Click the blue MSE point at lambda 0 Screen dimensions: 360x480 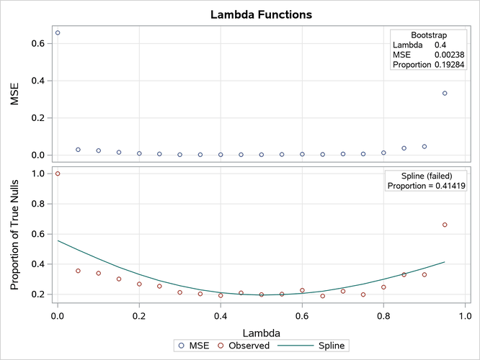tap(58, 32)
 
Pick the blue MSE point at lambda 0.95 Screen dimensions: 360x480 tap(445, 93)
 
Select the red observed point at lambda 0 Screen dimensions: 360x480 tap(58, 174)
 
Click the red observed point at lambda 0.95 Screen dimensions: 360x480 tap(445, 225)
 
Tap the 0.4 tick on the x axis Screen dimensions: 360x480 tap(221, 315)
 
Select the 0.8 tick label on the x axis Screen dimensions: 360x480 tap(383, 315)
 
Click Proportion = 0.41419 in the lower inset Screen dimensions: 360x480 tap(426, 186)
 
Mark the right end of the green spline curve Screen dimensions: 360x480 tap(445, 262)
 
